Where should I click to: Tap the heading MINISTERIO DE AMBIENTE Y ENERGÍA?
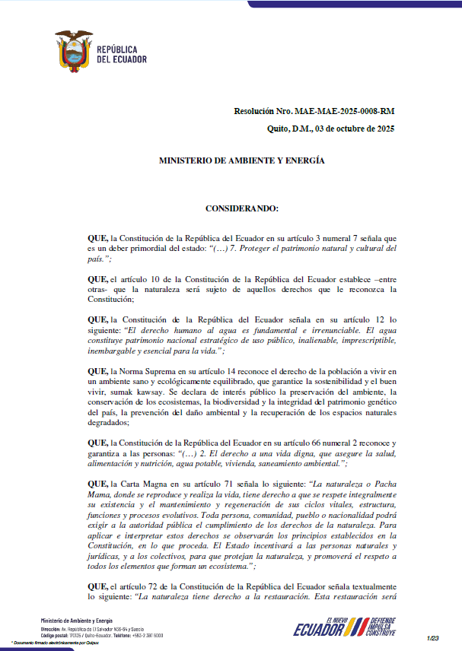pyautogui.click(x=241, y=161)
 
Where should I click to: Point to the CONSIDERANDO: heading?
pyautogui.click(x=242, y=208)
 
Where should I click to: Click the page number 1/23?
pyautogui.click(x=434, y=637)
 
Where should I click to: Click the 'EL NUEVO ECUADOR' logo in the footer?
pyautogui.click(x=319, y=627)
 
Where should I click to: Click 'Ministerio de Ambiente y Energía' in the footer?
pyautogui.click(x=76, y=621)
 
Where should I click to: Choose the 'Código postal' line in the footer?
pyautogui.click(x=92, y=635)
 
